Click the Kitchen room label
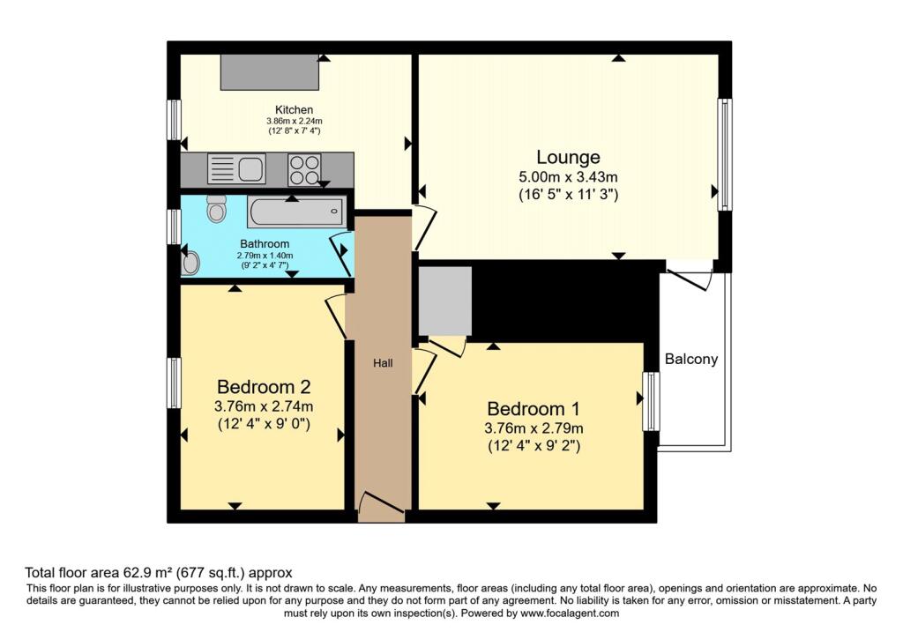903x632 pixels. pos(294,109)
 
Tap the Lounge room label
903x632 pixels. pos(568,157)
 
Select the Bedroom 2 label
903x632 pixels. pos(264,386)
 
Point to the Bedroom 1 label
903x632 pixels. pos(534,409)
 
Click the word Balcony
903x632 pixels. pos(691,359)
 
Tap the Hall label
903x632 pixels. pos(383,362)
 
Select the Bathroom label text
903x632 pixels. pos(265,243)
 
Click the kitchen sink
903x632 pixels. pos(236,169)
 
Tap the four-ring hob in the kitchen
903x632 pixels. pos(304,170)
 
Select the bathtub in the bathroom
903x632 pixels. pos(297,212)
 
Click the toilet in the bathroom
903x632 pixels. pos(216,208)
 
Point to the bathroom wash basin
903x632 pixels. pos(190,263)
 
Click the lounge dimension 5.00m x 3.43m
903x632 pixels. pos(568,176)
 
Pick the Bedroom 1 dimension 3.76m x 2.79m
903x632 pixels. pos(534,428)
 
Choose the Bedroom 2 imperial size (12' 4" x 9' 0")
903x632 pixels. pos(264,424)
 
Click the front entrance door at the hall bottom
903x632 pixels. pos(381,507)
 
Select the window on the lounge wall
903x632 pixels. pos(725,154)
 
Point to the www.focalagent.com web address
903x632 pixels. pos(570,613)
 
